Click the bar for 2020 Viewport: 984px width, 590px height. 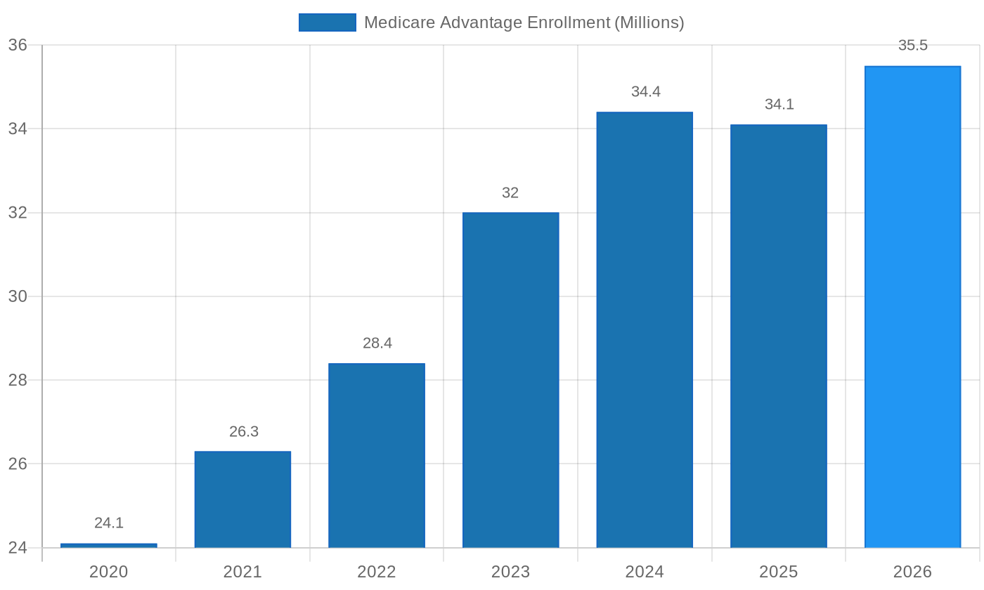pos(109,546)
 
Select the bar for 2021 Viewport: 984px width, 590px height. pos(242,499)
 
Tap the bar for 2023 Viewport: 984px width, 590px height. pos(510,380)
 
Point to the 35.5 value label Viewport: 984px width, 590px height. pos(912,46)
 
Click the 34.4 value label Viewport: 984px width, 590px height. pos(645,92)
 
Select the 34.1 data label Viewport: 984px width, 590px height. pos(779,105)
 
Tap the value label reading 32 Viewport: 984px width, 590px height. pos(510,193)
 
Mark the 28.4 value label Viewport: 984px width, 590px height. pos(377,343)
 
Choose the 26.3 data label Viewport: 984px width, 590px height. pos(244,432)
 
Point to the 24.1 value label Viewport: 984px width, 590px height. pos(109,523)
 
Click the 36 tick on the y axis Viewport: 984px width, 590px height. pos(18,45)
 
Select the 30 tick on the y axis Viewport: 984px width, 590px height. pos(18,296)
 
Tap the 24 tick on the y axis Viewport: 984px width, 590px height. pos(18,548)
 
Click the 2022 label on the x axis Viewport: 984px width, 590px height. pos(377,572)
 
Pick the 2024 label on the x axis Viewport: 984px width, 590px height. pos(645,572)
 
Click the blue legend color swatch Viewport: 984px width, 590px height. pos(327,22)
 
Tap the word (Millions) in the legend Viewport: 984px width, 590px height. pos(649,22)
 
